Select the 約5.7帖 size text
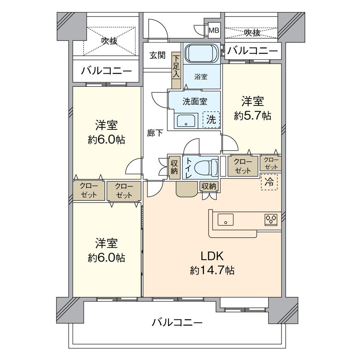252,116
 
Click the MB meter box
214,30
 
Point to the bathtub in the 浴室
202,53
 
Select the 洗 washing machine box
211,119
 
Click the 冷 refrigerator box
269,182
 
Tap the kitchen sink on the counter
226,220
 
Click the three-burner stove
271,219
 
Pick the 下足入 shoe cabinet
176,71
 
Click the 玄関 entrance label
157,55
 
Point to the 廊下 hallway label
155,133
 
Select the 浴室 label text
201,77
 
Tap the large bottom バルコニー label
177,322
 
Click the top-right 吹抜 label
252,33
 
